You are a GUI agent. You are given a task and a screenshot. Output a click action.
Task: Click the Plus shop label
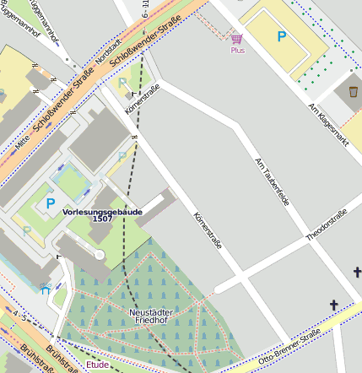point(237,51)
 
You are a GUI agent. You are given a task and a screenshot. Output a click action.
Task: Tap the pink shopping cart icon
point(237,39)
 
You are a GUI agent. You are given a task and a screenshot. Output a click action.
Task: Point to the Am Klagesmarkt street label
point(329,127)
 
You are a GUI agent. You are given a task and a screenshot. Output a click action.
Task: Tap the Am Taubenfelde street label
point(273,185)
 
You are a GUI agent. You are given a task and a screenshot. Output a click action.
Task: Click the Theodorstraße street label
point(326,225)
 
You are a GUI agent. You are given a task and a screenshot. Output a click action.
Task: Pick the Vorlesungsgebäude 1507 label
point(103,215)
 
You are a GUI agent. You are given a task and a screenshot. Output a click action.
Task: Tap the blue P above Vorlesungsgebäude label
point(50,203)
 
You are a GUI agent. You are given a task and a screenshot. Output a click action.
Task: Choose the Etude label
point(98,365)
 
